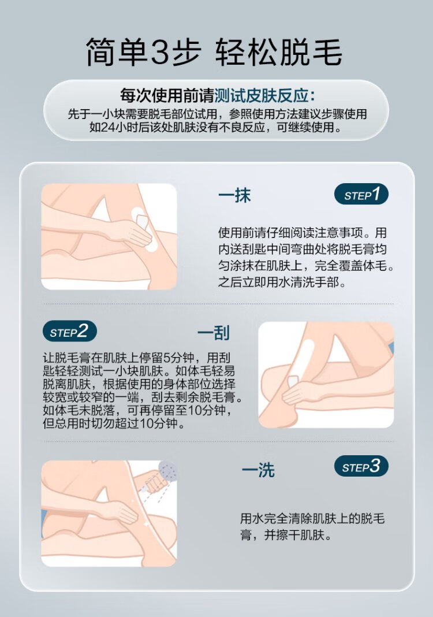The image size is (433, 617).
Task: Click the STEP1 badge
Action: click(x=361, y=194)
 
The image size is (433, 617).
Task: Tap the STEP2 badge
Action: click(x=70, y=332)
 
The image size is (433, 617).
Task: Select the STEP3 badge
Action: click(x=361, y=466)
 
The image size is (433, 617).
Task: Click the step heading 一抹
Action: click(x=234, y=195)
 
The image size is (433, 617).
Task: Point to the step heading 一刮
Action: click(x=214, y=333)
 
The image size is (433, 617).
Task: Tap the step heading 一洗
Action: click(x=258, y=470)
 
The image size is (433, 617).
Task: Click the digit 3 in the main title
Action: click(x=161, y=52)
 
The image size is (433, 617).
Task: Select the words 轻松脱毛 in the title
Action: click(x=278, y=52)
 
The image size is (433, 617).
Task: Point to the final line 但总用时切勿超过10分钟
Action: click(x=114, y=424)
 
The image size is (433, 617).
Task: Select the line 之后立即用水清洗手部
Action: click(x=282, y=282)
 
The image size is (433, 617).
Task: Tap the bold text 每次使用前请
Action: click(x=167, y=96)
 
